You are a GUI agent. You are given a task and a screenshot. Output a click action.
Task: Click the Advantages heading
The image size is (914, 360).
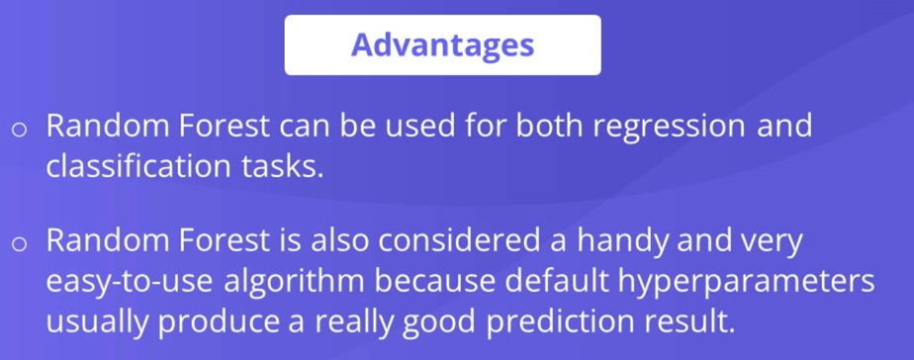point(442,45)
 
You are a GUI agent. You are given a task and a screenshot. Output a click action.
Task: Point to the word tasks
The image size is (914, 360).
point(282,166)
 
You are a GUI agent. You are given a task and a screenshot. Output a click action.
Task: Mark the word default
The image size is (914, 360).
point(557,281)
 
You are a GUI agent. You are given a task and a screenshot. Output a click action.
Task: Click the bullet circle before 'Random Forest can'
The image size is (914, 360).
point(19,129)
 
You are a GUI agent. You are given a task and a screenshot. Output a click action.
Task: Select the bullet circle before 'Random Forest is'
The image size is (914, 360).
point(19,243)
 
